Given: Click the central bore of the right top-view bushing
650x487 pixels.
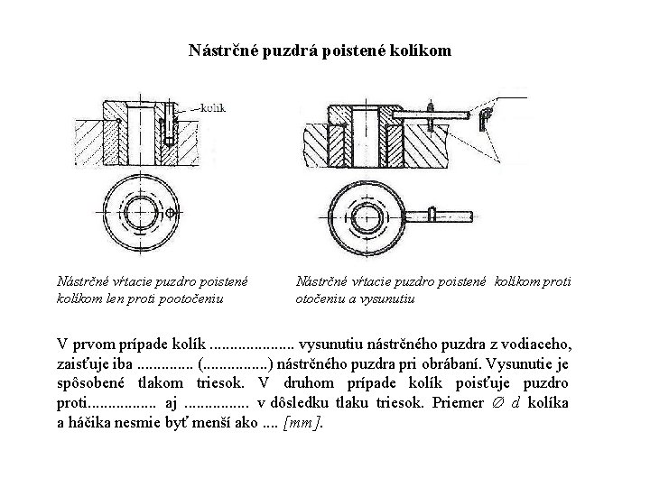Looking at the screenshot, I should tap(368, 216).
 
